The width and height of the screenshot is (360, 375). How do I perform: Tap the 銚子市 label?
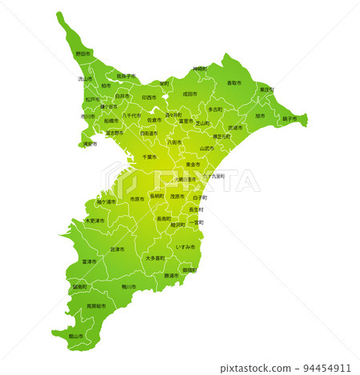(x=290, y=118)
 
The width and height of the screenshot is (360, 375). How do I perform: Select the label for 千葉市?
(x=150, y=157)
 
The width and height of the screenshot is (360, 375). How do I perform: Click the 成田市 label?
(x=190, y=94)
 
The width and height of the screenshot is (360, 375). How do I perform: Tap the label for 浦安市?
(x=90, y=144)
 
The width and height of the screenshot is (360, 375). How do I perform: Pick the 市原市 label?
(x=138, y=199)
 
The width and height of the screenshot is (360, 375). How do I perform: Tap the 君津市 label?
(x=118, y=249)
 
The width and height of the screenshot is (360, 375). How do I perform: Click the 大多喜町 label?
(x=155, y=258)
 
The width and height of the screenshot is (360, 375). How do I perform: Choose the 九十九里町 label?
(x=213, y=176)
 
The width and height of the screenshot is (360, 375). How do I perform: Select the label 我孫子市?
(x=126, y=76)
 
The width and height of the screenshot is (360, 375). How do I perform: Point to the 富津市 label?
(x=90, y=261)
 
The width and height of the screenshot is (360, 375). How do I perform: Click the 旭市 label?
(x=259, y=116)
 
